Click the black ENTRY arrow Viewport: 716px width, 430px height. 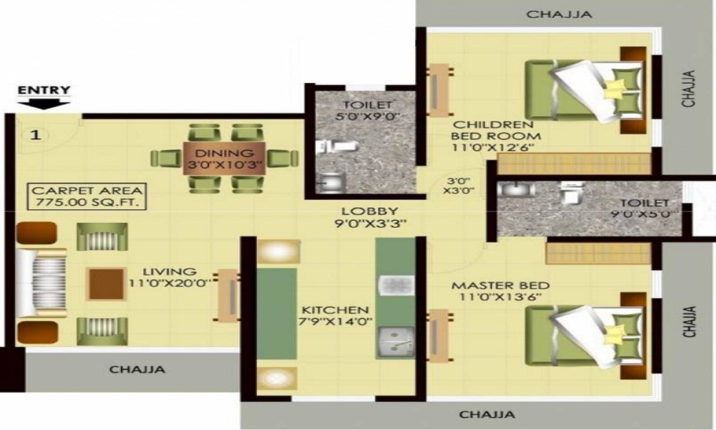[44, 102]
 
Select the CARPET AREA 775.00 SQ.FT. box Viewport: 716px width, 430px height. [87, 197]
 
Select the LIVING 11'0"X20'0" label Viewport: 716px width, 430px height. [169, 277]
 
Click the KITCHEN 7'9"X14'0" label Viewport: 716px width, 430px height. [335, 315]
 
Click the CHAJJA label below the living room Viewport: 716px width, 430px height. [137, 370]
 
